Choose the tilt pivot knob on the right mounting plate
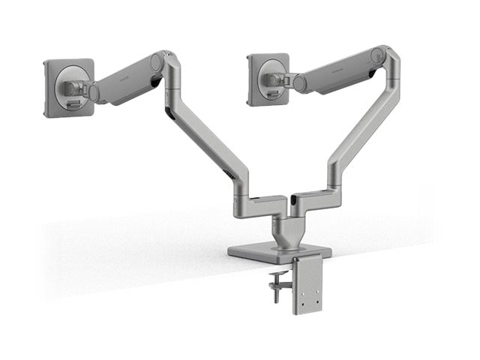click(272, 79)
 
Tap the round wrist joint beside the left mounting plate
click(94, 92)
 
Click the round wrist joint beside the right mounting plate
click(298, 82)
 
